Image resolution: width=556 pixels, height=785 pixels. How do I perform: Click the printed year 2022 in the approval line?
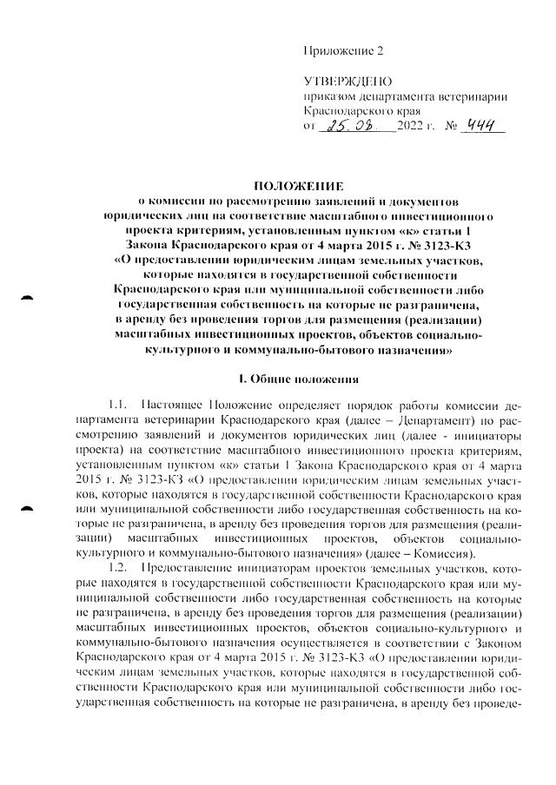[x=409, y=128]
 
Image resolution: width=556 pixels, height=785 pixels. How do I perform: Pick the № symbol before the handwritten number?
[x=449, y=128]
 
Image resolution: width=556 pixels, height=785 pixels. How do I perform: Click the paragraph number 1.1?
[x=119, y=406]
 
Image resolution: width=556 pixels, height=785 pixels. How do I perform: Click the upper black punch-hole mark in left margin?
[x=28, y=298]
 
